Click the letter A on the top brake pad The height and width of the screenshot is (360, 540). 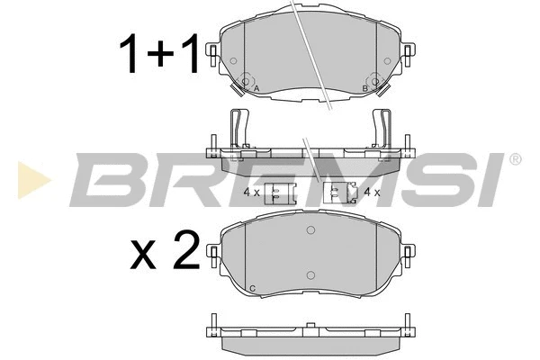(x=256, y=88)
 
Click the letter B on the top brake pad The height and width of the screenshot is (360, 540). (x=364, y=88)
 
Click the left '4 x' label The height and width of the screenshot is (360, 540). (x=252, y=192)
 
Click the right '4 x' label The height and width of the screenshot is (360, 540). (x=370, y=192)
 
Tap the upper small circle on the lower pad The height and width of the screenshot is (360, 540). (x=310, y=232)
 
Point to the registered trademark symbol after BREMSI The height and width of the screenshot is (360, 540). (x=514, y=159)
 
